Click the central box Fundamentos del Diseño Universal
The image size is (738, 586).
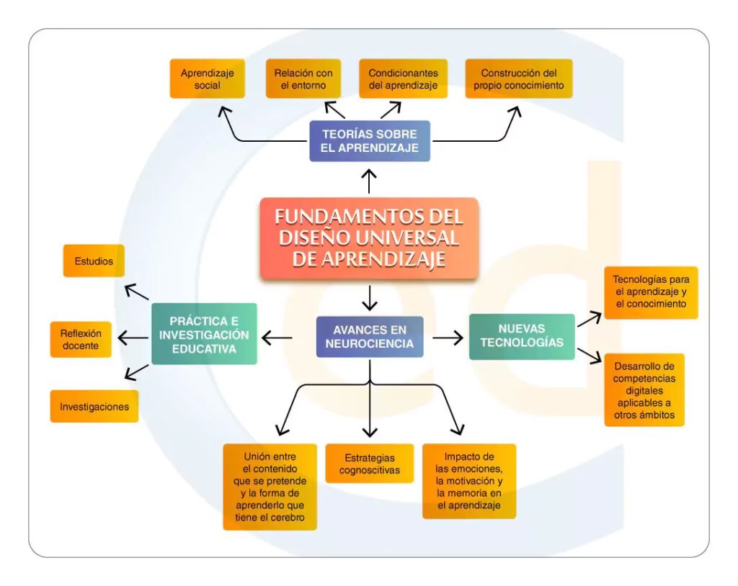pos(369,238)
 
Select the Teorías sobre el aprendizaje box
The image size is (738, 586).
pos(369,141)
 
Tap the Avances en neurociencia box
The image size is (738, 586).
pos(369,337)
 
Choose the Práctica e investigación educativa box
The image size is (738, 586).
pos(204,334)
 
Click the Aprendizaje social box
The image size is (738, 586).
pos(207,79)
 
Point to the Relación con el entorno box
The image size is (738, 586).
pos(303,79)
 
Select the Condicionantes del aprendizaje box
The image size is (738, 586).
pos(403,79)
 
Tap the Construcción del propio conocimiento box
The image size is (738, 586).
pos(518,79)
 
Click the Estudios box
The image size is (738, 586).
pos(94,261)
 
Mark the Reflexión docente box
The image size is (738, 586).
pos(81,339)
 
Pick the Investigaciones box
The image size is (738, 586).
pos(94,407)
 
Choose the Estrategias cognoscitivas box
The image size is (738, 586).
pos(370,464)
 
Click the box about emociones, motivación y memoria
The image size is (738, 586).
pos(469,481)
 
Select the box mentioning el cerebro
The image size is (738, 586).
pos(270,487)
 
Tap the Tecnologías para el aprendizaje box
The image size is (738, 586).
pos(651,292)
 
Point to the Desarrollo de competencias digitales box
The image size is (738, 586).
pos(644,389)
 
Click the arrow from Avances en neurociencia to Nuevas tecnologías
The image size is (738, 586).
pos(448,338)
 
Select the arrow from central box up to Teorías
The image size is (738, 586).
pos(369,181)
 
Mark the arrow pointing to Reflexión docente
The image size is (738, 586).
pos(133,338)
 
